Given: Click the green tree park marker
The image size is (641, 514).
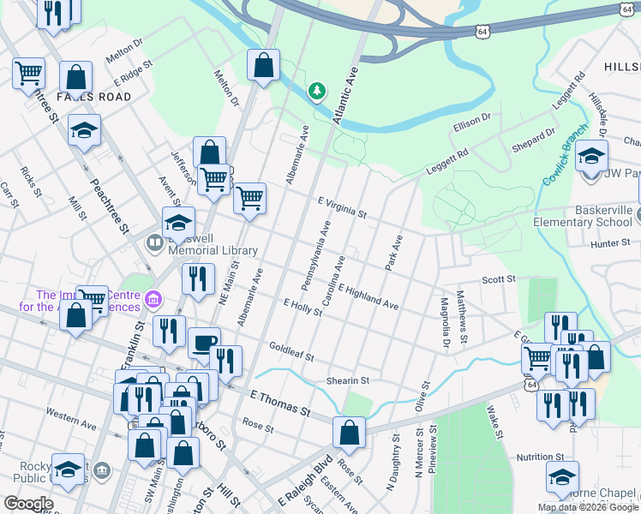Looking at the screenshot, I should [318, 90].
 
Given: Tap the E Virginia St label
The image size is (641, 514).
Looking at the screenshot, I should [342, 206].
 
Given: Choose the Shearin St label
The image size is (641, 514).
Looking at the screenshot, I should [346, 380].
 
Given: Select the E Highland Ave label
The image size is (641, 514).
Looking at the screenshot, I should [368, 297].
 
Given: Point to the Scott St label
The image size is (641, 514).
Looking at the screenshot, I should [498, 278].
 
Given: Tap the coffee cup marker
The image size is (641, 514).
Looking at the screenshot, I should [203, 343].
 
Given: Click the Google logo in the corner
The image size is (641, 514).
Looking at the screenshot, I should [28, 504].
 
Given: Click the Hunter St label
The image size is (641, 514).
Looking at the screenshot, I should [610, 244].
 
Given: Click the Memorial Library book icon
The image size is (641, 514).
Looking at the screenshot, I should [154, 243].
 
